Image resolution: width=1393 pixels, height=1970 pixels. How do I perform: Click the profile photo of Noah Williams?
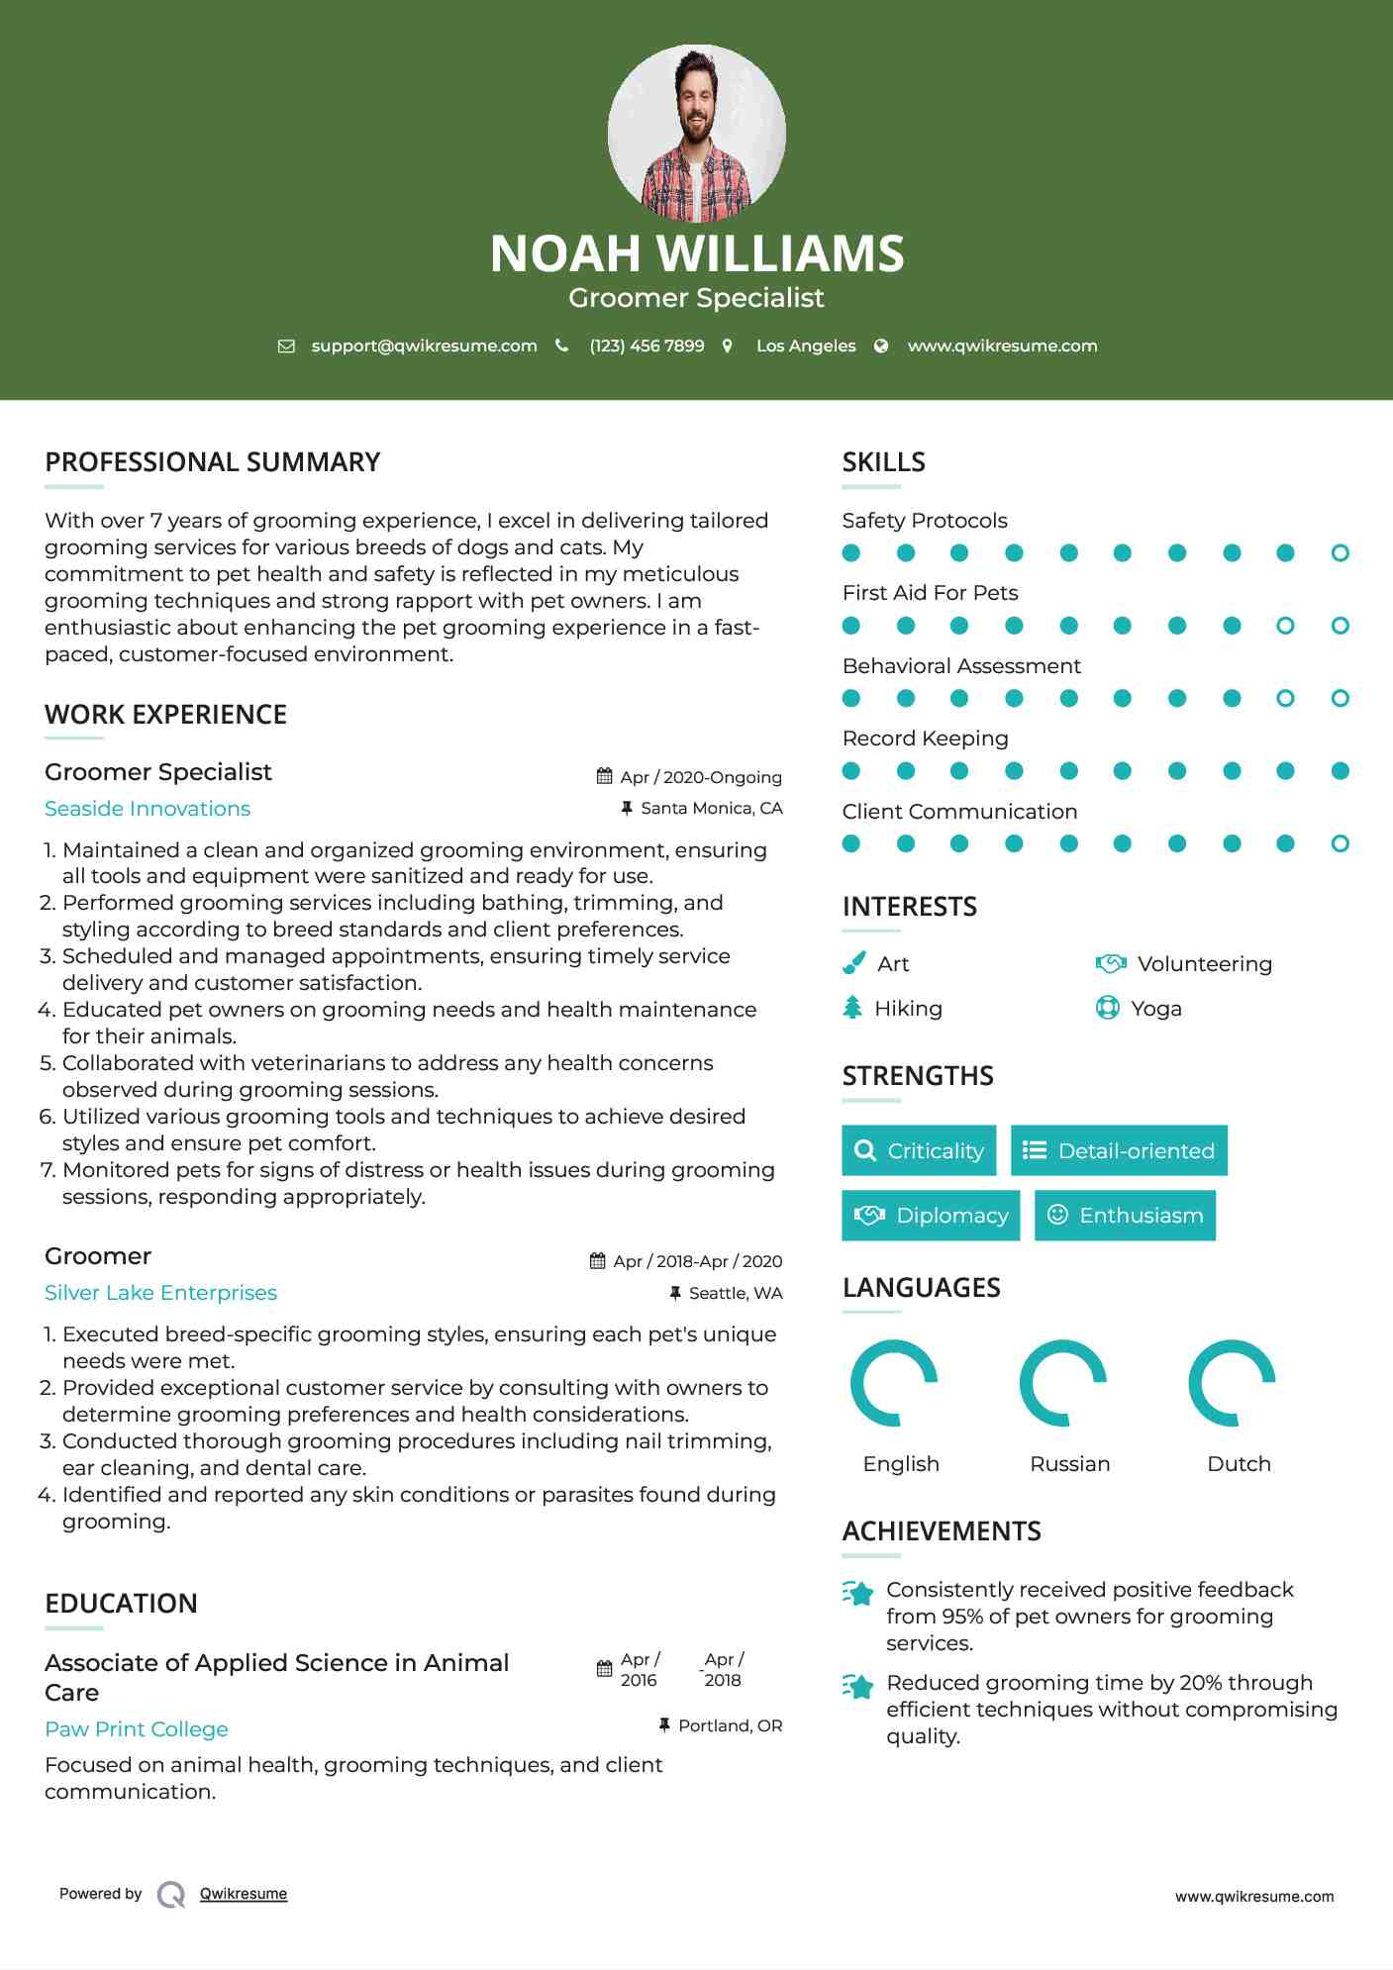pyautogui.click(x=696, y=133)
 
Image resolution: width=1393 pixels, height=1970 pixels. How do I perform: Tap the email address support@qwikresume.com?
pyautogui.click(x=424, y=345)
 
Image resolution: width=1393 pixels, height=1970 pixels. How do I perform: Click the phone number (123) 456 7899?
pyautogui.click(x=647, y=345)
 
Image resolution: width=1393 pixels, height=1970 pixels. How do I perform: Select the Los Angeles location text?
pyautogui.click(x=805, y=345)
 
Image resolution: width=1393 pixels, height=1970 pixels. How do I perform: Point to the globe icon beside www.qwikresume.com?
pyautogui.click(x=881, y=345)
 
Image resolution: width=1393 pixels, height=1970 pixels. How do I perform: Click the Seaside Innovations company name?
pyautogui.click(x=148, y=809)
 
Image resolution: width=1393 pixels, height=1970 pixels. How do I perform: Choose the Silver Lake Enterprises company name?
pyautogui.click(x=160, y=1293)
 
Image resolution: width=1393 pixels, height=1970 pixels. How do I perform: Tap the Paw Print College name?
pyautogui.click(x=137, y=1729)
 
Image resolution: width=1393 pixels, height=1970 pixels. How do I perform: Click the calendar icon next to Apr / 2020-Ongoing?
pyautogui.click(x=604, y=776)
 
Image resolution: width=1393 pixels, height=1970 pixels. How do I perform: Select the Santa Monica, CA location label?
pyautogui.click(x=711, y=808)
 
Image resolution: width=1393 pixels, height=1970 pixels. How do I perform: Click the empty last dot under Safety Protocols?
pyautogui.click(x=1340, y=552)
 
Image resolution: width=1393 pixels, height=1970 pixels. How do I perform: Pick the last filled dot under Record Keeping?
pyautogui.click(x=1340, y=770)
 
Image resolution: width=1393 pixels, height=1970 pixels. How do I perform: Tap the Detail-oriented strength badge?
pyautogui.click(x=1119, y=1150)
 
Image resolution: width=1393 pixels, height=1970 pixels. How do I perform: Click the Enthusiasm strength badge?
pyautogui.click(x=1125, y=1215)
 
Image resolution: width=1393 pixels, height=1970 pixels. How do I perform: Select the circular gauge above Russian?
pyautogui.click(x=1063, y=1383)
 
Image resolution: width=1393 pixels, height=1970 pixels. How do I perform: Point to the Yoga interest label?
pyautogui.click(x=1156, y=1008)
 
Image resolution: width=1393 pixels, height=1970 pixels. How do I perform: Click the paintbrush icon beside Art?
pyautogui.click(x=853, y=963)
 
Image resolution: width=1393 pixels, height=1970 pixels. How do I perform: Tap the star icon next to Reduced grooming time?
pyautogui.click(x=857, y=1685)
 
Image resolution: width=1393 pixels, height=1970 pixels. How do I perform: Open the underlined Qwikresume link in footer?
pyautogui.click(x=244, y=1894)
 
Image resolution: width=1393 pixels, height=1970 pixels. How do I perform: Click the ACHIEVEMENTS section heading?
pyautogui.click(x=941, y=1531)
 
